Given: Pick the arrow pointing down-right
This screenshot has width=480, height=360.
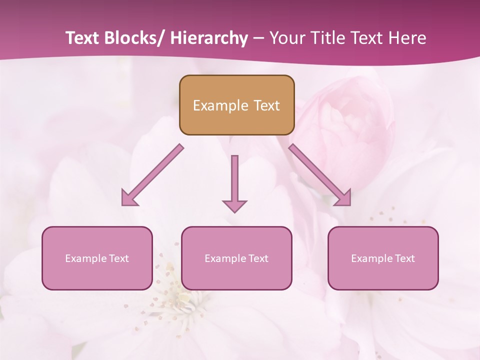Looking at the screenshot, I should [x=320, y=175].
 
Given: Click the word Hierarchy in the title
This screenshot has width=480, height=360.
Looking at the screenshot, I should [x=209, y=38].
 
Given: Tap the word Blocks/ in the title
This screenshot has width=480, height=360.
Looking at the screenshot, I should [x=131, y=38].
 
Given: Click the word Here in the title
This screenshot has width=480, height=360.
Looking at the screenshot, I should [x=408, y=38].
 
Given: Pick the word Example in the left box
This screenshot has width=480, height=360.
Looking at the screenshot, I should [x=86, y=258].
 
